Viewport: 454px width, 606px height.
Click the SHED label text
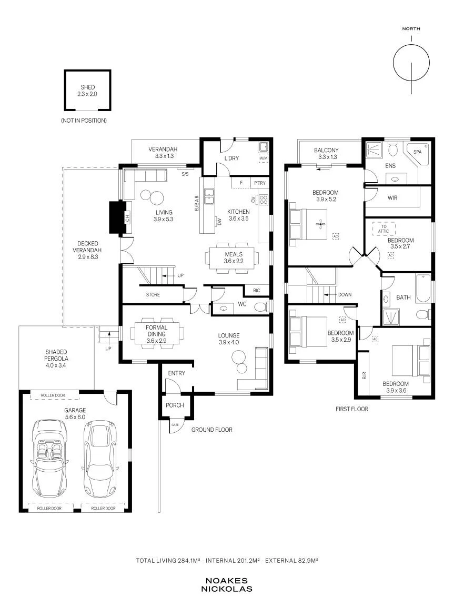[x=88, y=87]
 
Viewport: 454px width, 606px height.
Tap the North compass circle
[x=411, y=45]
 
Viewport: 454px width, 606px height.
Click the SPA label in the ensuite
[x=417, y=152]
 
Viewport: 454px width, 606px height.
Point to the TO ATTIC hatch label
[x=384, y=229]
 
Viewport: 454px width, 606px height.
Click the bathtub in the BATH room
[x=423, y=289]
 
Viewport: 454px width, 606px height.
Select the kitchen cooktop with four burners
[x=263, y=200]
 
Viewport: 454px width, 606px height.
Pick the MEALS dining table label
[x=234, y=254]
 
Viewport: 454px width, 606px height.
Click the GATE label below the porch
[x=175, y=425]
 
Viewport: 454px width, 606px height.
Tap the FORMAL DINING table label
[x=156, y=331]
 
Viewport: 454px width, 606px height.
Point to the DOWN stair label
[x=345, y=294]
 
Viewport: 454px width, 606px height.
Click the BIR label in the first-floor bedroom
[x=364, y=375]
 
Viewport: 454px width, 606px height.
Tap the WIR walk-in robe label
[x=392, y=198]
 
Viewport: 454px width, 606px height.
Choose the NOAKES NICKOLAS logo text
[x=227, y=585]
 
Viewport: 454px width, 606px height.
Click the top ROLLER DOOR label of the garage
[x=53, y=395]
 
